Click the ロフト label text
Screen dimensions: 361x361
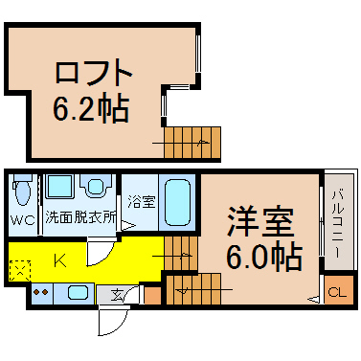click(x=94, y=72)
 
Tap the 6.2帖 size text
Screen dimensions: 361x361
click(x=91, y=108)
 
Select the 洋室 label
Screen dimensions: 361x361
click(x=259, y=222)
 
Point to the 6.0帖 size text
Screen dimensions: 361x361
click(x=264, y=257)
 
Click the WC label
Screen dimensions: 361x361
click(x=22, y=220)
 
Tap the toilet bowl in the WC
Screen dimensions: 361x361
click(x=22, y=191)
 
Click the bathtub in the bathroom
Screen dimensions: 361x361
click(x=177, y=202)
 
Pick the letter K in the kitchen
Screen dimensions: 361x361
click(x=60, y=260)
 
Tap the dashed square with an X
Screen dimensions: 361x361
click(x=20, y=271)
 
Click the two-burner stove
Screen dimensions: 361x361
click(x=42, y=293)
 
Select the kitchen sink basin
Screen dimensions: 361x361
click(x=79, y=292)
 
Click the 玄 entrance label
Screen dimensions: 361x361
click(x=117, y=295)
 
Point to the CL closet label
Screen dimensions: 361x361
click(x=337, y=293)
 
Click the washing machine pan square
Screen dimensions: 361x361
click(x=59, y=187)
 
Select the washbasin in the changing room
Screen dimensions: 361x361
click(x=96, y=186)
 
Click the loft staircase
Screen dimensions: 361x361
click(x=192, y=143)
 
